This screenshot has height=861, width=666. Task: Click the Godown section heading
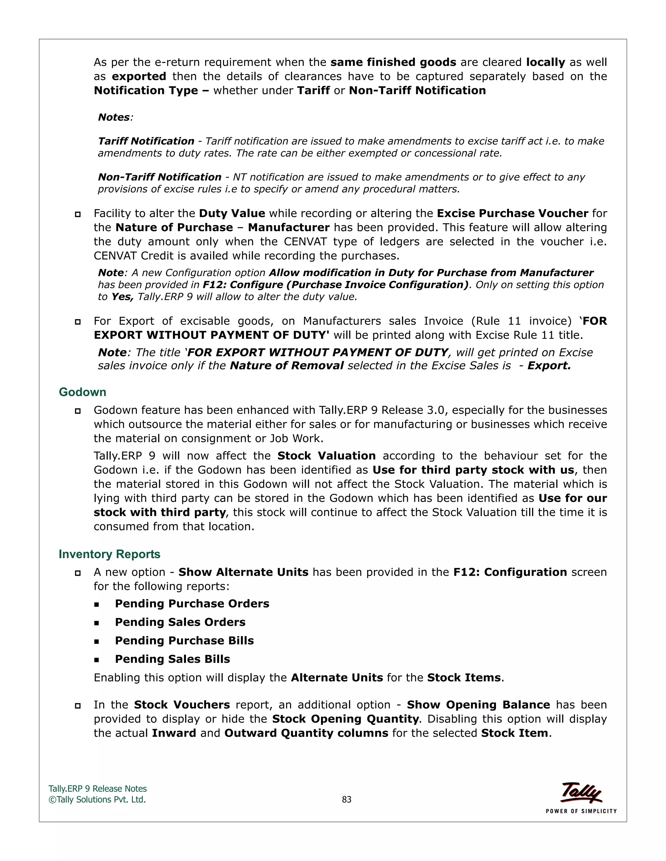(83, 392)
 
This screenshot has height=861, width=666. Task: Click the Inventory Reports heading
(109, 554)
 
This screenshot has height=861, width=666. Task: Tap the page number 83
(346, 799)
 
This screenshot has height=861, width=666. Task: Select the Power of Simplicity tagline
(581, 811)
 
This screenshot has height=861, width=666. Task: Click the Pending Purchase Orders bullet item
(192, 604)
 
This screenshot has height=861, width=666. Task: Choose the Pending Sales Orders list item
(180, 622)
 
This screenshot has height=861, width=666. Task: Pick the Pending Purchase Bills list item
(184, 641)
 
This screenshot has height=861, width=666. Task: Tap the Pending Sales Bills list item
(172, 659)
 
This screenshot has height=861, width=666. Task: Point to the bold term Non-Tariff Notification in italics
(159, 177)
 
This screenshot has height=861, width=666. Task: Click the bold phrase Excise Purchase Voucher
(513, 213)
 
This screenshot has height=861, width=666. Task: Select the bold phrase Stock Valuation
(326, 456)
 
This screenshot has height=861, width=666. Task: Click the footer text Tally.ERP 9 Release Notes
(98, 789)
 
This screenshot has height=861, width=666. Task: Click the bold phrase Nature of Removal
(287, 366)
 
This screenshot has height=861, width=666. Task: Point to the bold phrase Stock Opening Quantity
(345, 719)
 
